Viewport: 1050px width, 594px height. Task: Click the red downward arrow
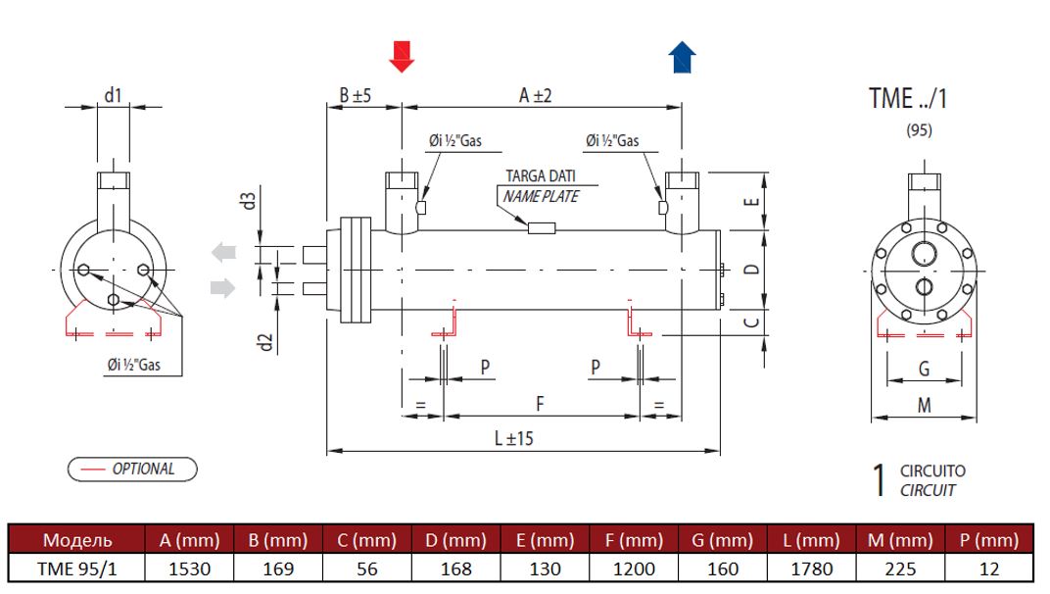coord(402,57)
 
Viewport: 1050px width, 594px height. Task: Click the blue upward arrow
coord(682,57)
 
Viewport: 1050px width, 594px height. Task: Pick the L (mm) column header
coord(810,540)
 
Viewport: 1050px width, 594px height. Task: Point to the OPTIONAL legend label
coord(143,469)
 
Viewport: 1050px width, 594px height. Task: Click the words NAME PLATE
coord(541,196)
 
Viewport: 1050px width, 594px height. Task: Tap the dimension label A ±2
coord(536,95)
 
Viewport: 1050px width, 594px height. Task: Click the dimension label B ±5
coord(355,95)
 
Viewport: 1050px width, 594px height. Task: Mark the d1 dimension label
coord(114,94)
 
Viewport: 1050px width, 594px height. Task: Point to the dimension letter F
coord(540,403)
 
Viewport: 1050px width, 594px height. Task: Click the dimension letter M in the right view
coord(924,405)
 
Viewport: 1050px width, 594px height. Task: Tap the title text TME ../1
coord(908,99)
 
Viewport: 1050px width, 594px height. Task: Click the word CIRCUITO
coord(932,471)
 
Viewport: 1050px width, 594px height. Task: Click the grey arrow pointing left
coord(224,253)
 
